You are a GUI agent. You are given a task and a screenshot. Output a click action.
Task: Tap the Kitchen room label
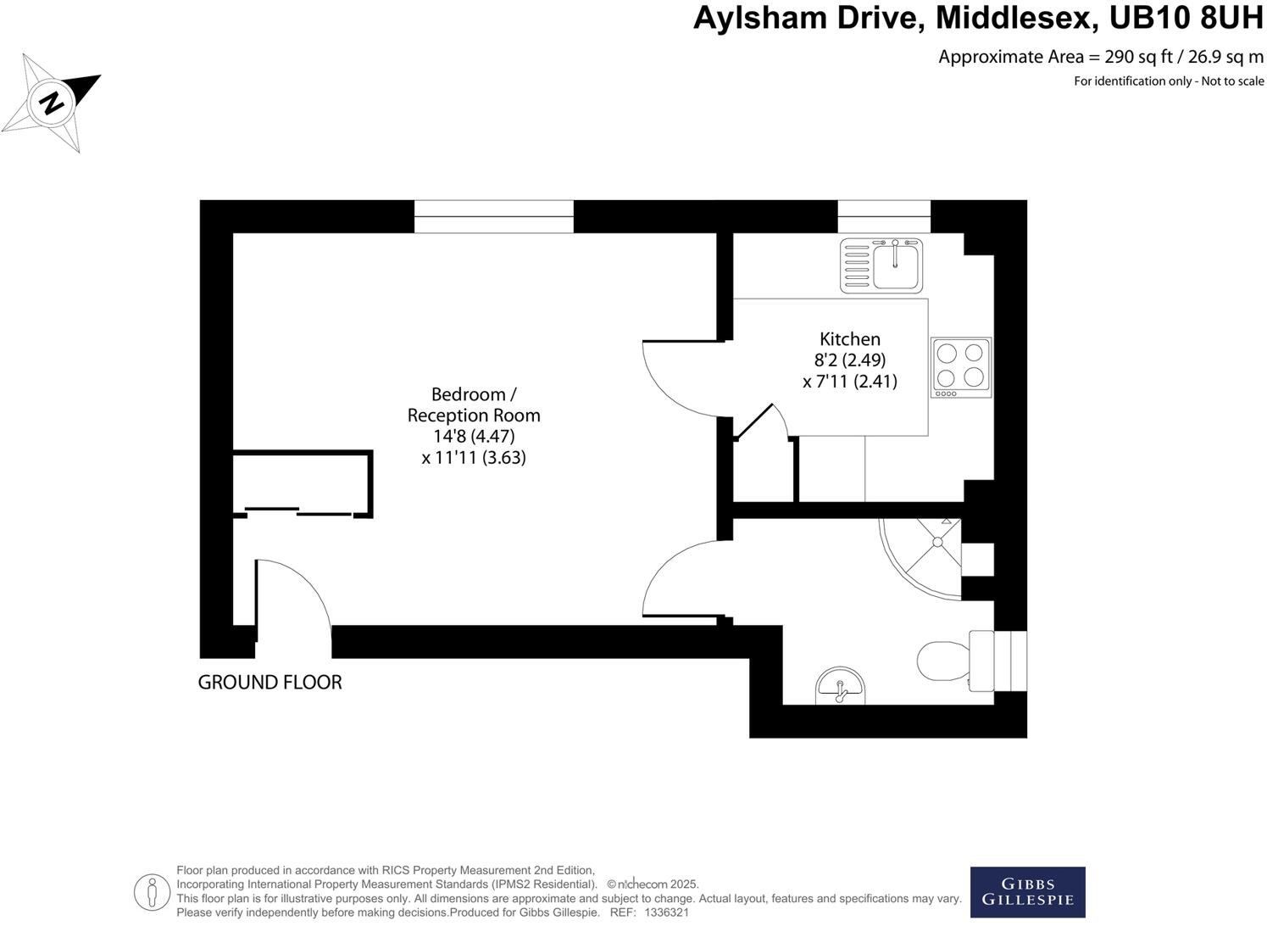click(849, 338)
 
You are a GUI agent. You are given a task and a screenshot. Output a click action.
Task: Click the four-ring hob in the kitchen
click(960, 366)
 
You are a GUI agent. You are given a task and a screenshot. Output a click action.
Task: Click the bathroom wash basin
click(839, 687)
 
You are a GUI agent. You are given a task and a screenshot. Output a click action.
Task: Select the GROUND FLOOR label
click(270, 682)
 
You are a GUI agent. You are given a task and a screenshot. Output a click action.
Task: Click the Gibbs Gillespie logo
click(1027, 892)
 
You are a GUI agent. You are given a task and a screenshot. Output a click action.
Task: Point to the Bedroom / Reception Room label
click(474, 404)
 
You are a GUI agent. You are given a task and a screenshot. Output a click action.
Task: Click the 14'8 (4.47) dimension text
click(474, 436)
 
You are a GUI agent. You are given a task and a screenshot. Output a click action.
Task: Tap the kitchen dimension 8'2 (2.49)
click(849, 360)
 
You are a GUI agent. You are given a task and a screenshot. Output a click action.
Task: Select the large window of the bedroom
click(493, 216)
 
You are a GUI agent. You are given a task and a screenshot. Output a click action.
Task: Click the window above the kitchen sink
click(883, 216)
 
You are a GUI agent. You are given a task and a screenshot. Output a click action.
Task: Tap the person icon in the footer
click(153, 891)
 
